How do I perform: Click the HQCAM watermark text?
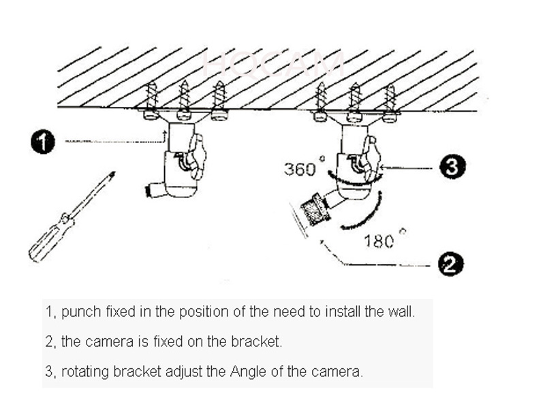click(x=272, y=65)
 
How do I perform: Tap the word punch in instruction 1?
click(x=79, y=313)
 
